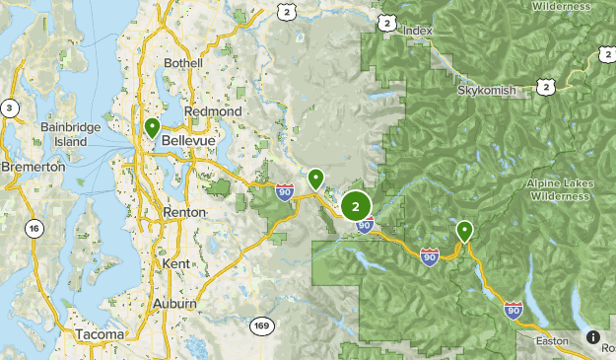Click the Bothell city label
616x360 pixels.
pos(184,63)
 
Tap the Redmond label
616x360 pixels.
pos(212,112)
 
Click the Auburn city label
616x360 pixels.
pos(174,303)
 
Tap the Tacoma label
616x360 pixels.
pos(100,335)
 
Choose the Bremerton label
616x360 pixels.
pos(33,168)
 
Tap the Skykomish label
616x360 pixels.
pos(486,90)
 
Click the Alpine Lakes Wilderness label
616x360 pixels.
pos(560,189)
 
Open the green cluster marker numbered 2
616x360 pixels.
pos(356,206)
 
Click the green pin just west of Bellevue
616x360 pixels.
pos(152,128)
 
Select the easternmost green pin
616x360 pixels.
pos(464,232)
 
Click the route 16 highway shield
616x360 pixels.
pos(35,229)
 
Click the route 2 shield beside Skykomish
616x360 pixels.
pos(545,88)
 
